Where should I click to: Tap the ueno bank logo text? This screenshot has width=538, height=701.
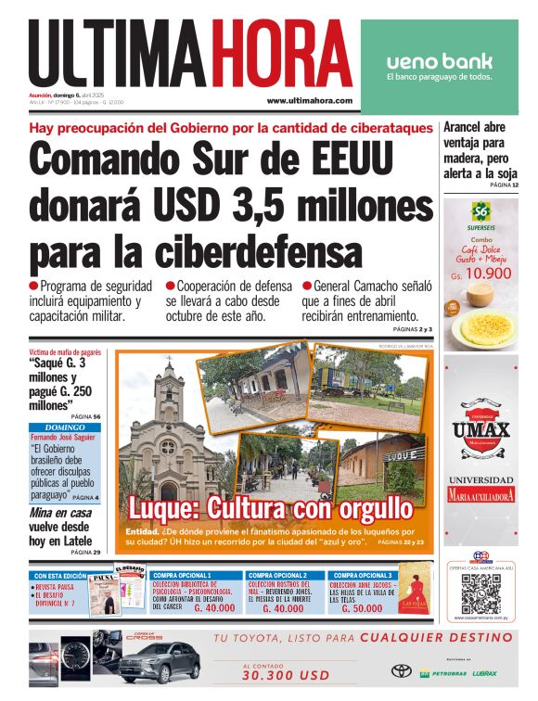[x=439, y=62]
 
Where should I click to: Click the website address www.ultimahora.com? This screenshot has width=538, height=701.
[x=309, y=100]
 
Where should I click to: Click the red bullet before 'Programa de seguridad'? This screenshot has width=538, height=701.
[x=34, y=287]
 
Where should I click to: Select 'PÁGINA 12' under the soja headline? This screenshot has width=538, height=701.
[x=503, y=185]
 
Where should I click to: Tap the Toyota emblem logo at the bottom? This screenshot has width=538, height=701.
[x=401, y=670]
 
